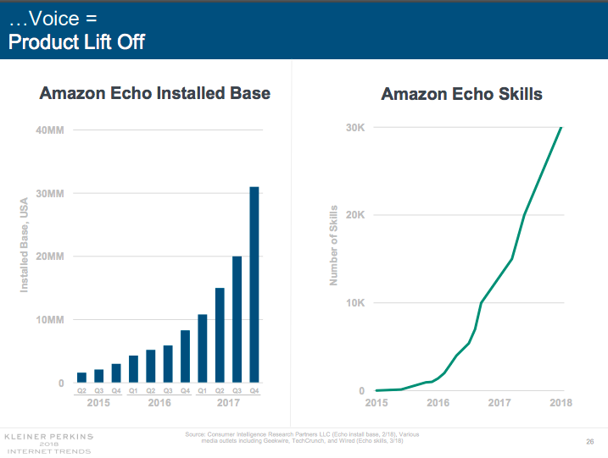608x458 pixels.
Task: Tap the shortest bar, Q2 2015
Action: (81, 378)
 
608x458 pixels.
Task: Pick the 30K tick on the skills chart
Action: (354, 128)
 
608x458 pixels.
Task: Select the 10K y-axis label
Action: (354, 303)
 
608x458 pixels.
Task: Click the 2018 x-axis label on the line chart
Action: (560, 403)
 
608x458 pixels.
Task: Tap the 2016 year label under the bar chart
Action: (159, 403)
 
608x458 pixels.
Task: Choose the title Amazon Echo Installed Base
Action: (155, 93)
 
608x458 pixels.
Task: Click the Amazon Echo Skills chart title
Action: (461, 94)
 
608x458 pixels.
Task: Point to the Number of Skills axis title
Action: (334, 245)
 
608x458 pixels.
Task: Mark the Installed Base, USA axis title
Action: (25, 245)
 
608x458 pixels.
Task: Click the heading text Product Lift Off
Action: (76, 41)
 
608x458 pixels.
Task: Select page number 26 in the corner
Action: (589, 441)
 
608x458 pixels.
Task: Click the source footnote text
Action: (301, 438)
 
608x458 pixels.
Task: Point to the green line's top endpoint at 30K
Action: (561, 128)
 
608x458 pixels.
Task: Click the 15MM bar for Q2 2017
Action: (220, 335)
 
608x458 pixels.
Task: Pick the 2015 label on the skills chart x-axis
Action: (377, 403)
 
